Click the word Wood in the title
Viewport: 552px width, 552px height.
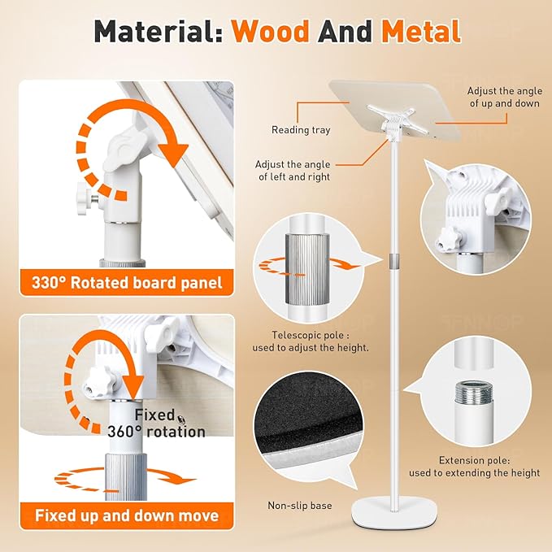click(x=270, y=32)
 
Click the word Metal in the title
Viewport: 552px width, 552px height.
click(x=421, y=32)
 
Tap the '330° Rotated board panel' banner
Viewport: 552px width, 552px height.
click(x=127, y=283)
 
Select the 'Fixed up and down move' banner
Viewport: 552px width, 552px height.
click(x=127, y=515)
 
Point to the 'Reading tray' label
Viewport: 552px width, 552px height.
click(x=301, y=130)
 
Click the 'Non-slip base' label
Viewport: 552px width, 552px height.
click(x=300, y=506)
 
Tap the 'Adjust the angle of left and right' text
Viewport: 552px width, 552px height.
click(x=293, y=171)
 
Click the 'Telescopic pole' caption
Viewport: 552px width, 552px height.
click(x=311, y=341)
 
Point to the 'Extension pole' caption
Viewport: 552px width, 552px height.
click(x=474, y=466)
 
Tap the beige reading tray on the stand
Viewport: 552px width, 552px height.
click(x=394, y=110)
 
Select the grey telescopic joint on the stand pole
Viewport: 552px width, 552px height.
click(x=394, y=261)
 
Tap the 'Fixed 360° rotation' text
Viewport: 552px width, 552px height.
click(x=156, y=424)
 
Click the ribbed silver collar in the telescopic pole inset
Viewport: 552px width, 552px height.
click(x=307, y=268)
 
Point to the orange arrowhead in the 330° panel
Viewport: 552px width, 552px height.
click(x=173, y=154)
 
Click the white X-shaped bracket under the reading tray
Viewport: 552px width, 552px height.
click(x=391, y=115)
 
